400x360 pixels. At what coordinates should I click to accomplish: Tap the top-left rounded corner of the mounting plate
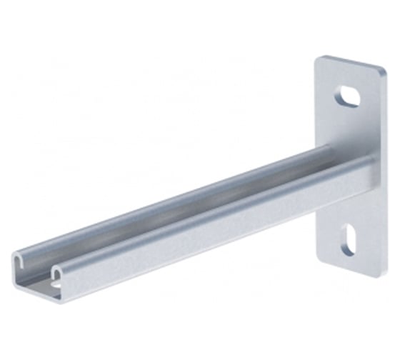point(319,59)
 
